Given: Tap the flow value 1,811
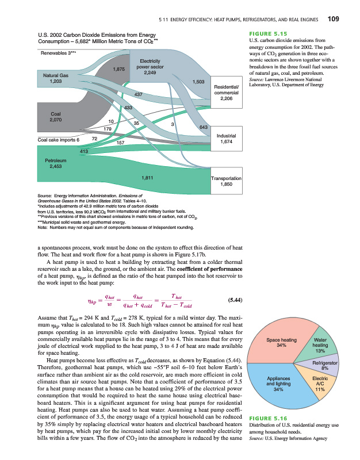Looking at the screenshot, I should coord(147,178).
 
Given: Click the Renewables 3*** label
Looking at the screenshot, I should coord(54,53).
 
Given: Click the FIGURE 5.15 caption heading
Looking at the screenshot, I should coord(267,33).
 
